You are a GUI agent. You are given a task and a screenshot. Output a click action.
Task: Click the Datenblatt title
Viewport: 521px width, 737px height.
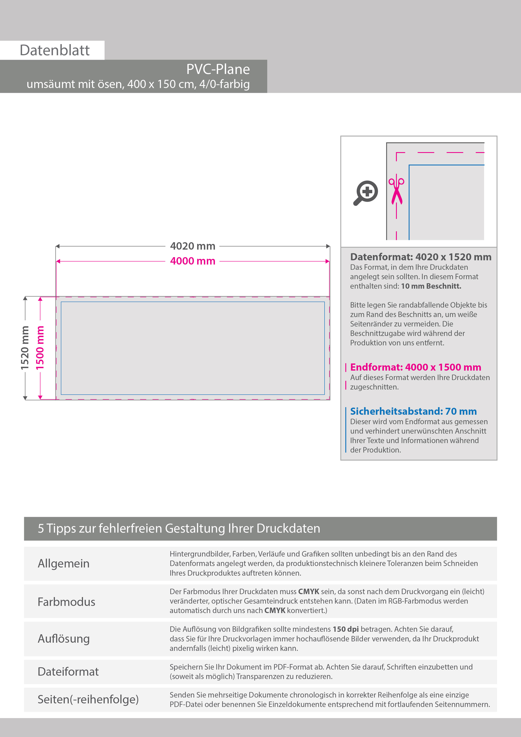coord(55,50)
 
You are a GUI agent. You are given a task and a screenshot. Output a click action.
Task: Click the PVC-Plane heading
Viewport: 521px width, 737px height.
coord(218,69)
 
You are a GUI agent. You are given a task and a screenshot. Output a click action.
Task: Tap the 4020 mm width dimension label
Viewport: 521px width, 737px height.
coord(193,246)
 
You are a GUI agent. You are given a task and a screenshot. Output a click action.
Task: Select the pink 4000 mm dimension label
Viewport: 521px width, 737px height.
coord(193,261)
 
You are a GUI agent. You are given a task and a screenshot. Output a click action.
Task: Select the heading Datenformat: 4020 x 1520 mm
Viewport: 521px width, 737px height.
coord(421,257)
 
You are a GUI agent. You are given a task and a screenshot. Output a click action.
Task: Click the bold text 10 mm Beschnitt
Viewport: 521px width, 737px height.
coord(431,286)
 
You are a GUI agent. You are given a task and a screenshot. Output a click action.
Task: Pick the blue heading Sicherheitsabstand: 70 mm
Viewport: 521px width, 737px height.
coord(413,411)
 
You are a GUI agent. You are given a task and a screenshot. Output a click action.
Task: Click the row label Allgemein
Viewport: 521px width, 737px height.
coord(64,563)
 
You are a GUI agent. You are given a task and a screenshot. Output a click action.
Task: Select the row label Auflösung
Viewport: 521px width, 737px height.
coord(64,638)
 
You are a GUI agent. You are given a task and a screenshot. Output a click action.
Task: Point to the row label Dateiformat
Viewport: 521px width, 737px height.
coord(68,671)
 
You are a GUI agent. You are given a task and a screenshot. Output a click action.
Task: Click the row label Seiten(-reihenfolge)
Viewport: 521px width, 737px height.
coord(88,699)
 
